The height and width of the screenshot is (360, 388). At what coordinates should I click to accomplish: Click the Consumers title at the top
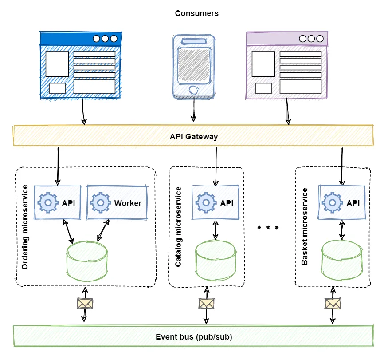pyautogui.click(x=196, y=13)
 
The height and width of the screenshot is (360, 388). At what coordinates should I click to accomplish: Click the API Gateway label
pyautogui.click(x=194, y=136)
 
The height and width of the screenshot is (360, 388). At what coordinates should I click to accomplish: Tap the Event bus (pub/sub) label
pyautogui.click(x=194, y=337)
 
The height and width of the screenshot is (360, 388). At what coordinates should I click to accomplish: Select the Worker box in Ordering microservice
pyautogui.click(x=117, y=203)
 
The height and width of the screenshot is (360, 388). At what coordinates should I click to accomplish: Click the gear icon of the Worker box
pyautogui.click(x=101, y=203)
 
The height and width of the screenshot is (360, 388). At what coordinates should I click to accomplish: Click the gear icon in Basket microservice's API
pyautogui.click(x=332, y=203)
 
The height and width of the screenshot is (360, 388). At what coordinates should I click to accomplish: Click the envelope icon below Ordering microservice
pyautogui.click(x=85, y=304)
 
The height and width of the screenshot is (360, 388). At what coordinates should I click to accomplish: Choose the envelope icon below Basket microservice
pyautogui.click(x=333, y=304)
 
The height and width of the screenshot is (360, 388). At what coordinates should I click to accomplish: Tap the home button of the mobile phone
pyautogui.click(x=194, y=91)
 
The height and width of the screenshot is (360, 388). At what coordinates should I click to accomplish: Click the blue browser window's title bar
pyautogui.click(x=80, y=39)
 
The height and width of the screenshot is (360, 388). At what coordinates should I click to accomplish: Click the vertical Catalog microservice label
pyautogui.click(x=178, y=227)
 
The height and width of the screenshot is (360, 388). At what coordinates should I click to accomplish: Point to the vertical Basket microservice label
pyautogui.click(x=305, y=227)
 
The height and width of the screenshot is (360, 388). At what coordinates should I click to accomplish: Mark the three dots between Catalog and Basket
pyautogui.click(x=268, y=227)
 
